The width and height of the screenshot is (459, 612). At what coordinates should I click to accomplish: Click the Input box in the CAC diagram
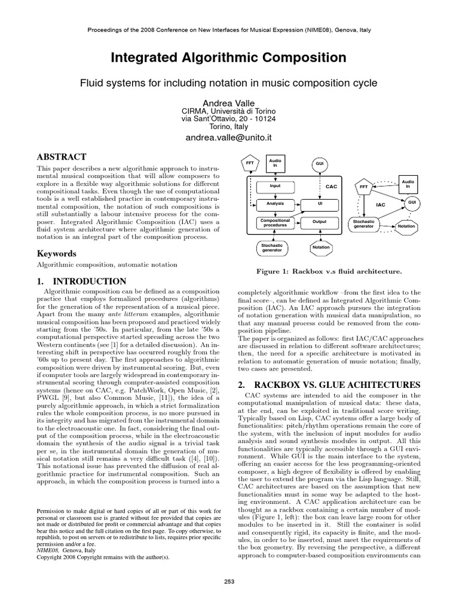[x=275, y=186]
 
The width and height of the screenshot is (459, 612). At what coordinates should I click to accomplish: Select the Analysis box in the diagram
[x=275, y=204]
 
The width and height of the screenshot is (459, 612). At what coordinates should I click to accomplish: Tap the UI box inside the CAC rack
[x=320, y=204]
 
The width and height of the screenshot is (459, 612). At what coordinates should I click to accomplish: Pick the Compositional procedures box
[x=275, y=223]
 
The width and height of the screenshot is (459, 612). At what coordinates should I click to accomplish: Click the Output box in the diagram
[x=320, y=222]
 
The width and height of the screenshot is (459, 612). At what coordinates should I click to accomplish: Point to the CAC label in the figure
[x=332, y=186]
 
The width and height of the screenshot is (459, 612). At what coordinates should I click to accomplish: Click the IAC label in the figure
[x=381, y=204]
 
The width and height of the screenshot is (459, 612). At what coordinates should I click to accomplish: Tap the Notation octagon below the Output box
[x=321, y=247]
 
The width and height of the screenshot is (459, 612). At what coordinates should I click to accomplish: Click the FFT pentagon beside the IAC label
[x=363, y=187]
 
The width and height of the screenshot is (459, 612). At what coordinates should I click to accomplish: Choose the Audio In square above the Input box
[x=275, y=161]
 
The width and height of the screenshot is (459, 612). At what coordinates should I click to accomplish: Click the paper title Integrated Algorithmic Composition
[x=229, y=58]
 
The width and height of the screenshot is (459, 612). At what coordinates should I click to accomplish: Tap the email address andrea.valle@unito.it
[x=229, y=137]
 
